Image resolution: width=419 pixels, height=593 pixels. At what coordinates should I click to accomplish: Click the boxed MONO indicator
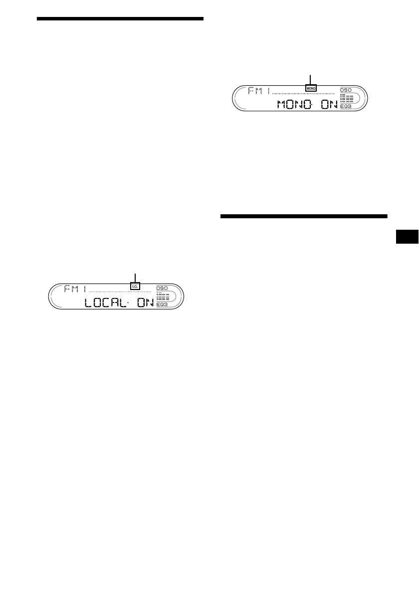coord(311,89)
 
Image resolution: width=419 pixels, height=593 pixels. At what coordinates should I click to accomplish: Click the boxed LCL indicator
coord(135,287)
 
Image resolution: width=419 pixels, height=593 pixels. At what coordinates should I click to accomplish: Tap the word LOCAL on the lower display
coord(108,302)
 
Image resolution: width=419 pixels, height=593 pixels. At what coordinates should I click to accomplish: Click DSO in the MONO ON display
coord(346,90)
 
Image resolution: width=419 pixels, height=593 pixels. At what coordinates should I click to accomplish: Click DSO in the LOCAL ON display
coord(162,288)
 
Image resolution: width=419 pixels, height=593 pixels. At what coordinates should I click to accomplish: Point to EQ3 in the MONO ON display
coord(346,107)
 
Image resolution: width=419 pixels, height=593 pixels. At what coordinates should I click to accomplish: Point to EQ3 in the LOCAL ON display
coord(162,304)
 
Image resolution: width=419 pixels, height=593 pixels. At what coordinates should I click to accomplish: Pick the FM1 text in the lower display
coord(75,289)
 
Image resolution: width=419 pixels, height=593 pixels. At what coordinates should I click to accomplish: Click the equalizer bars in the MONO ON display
coord(346,98)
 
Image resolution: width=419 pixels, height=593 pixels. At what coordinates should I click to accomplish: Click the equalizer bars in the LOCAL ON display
coord(163,296)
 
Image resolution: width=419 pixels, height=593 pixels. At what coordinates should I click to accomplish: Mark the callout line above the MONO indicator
coord(311,79)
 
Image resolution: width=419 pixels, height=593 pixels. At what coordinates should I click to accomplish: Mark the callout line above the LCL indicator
coord(135,278)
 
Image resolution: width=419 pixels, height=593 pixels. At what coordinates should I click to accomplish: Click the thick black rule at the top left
coord(120,19)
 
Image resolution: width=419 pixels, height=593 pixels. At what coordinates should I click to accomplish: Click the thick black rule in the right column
coord(303,216)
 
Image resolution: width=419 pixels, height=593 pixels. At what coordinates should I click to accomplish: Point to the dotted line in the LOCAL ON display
coord(120,291)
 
